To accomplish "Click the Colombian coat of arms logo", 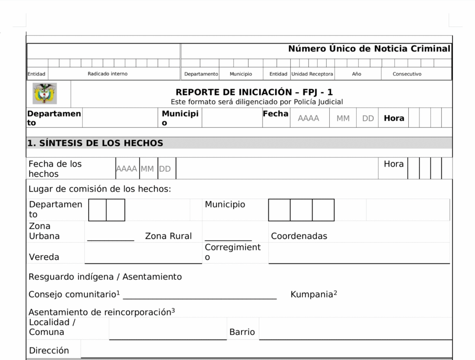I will coord(45,94).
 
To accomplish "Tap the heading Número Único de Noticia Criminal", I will coord(369,49).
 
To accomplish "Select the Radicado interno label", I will coord(108,74).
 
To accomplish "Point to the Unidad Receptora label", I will coord(312,74).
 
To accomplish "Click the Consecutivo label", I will coord(407,74).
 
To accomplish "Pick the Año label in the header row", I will coord(356,74).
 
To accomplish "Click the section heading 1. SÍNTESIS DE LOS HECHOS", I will coord(95,143).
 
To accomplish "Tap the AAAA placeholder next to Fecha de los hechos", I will coord(127,169).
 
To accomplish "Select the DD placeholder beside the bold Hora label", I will coord(368,118).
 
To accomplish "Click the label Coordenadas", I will coord(299,236).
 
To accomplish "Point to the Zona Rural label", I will coord(168,236).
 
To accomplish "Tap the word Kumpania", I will coord(312,295).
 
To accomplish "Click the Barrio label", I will coord(242,332).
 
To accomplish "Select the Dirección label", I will coord(49,351).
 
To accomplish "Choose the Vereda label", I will coord(44,257).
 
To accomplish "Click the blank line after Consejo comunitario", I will coord(199,297).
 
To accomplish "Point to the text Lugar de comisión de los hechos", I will coord(100,189).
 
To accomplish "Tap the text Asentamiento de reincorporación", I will coord(100,312).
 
